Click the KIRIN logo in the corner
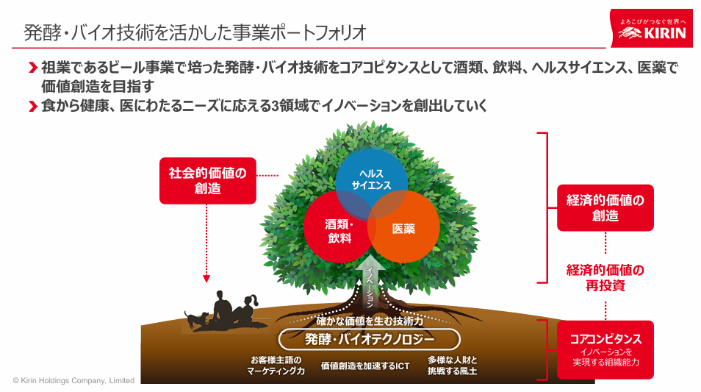point(651,28)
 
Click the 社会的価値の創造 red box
point(208,181)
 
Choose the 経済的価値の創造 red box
point(605,207)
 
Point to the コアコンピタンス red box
point(605,349)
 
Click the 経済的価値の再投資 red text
point(605,277)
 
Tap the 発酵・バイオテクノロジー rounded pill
point(370,340)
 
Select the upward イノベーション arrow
point(370,282)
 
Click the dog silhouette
point(195,319)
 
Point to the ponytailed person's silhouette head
point(249,301)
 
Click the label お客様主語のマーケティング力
point(276,365)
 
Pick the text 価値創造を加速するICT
point(365,366)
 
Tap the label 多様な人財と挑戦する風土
point(453,365)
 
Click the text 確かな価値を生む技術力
point(370,321)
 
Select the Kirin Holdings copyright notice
point(73,380)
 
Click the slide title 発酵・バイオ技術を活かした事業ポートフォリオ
point(195,32)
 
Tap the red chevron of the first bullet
point(32,68)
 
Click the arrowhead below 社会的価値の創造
point(206,279)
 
